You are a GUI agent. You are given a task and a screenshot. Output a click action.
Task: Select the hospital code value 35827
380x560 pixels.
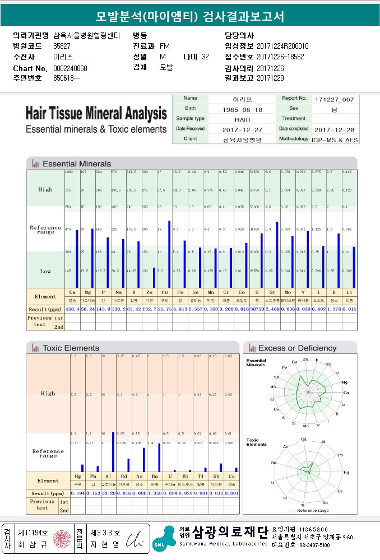[x=62, y=46]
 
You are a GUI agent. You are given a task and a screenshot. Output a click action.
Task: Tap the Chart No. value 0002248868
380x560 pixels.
[x=70, y=68]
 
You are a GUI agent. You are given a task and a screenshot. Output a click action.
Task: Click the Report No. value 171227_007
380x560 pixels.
[x=335, y=99]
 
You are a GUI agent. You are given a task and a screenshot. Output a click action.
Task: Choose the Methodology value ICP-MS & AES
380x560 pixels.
[x=335, y=138]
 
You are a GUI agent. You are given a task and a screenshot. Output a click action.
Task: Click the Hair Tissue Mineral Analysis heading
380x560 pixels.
[x=96, y=114]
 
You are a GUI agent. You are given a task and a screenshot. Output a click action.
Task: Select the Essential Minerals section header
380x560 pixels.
[x=77, y=164]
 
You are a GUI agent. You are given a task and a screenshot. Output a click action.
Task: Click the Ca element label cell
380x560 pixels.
[x=72, y=292]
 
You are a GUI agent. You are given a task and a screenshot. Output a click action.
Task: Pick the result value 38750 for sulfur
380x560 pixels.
[x=257, y=309]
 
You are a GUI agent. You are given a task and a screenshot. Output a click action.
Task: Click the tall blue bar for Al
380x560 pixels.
[x=113, y=452]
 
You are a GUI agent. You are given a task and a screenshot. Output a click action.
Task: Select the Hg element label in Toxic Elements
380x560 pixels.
[x=78, y=476]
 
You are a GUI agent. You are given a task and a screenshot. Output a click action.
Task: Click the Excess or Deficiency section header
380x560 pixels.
[x=297, y=348]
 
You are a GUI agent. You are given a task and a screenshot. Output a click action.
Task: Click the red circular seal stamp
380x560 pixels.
[x=59, y=539]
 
